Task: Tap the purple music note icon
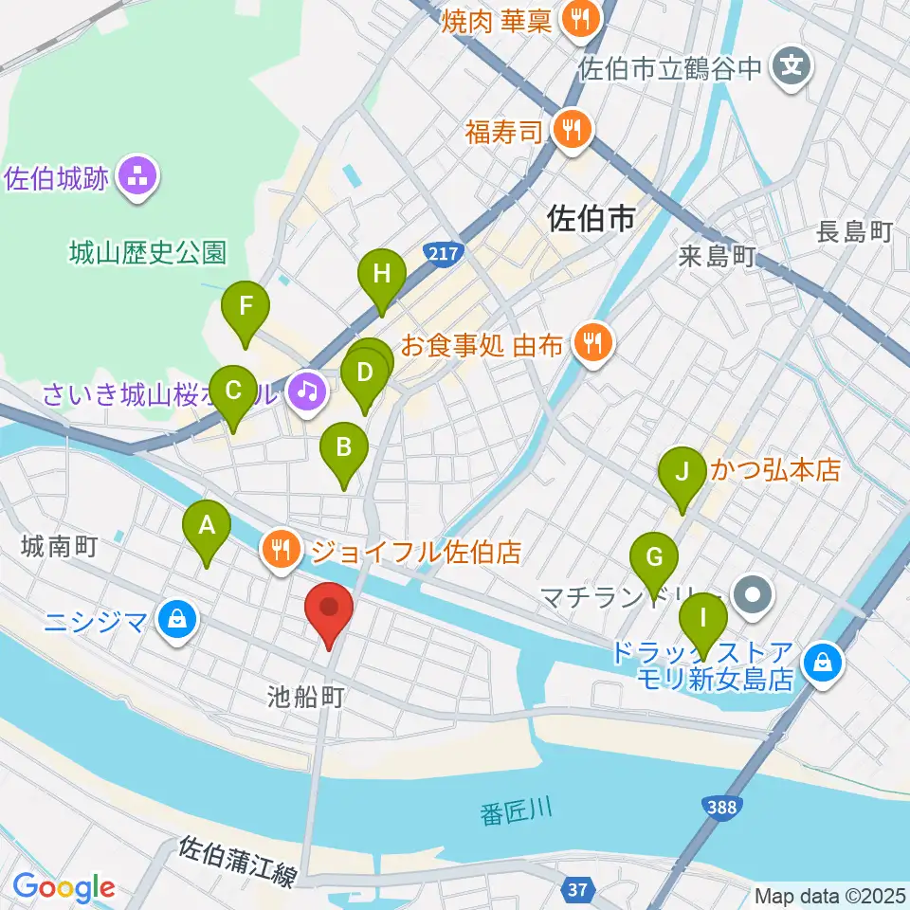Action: (306, 389)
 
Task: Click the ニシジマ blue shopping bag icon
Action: (176, 621)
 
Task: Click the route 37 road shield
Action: (577, 888)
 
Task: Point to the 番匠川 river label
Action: (517, 813)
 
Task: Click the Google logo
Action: (64, 888)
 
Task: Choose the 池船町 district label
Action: (305, 698)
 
